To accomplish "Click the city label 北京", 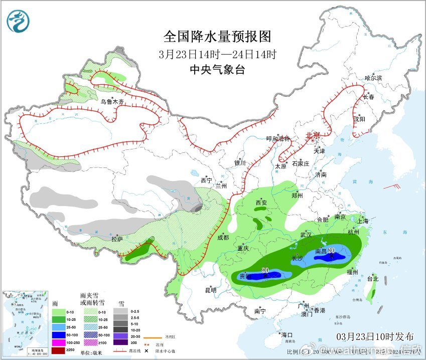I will pyautogui.click(x=313, y=135).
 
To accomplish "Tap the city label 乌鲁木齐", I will pyautogui.click(x=112, y=102).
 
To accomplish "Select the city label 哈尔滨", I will pyautogui.click(x=373, y=78).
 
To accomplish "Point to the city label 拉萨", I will pyautogui.click(x=117, y=239).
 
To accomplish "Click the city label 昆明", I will pyautogui.click(x=211, y=290).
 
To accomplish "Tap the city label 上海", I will pyautogui.click(x=362, y=221).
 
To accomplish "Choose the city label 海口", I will pyautogui.click(x=287, y=334).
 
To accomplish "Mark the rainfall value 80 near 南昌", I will pyautogui.click(x=331, y=251).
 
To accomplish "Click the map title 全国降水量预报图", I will pyautogui.click(x=217, y=37).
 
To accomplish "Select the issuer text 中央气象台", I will pyautogui.click(x=217, y=70).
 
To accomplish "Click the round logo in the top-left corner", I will pyautogui.click(x=18, y=21).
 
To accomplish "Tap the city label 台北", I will pyautogui.click(x=372, y=279).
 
